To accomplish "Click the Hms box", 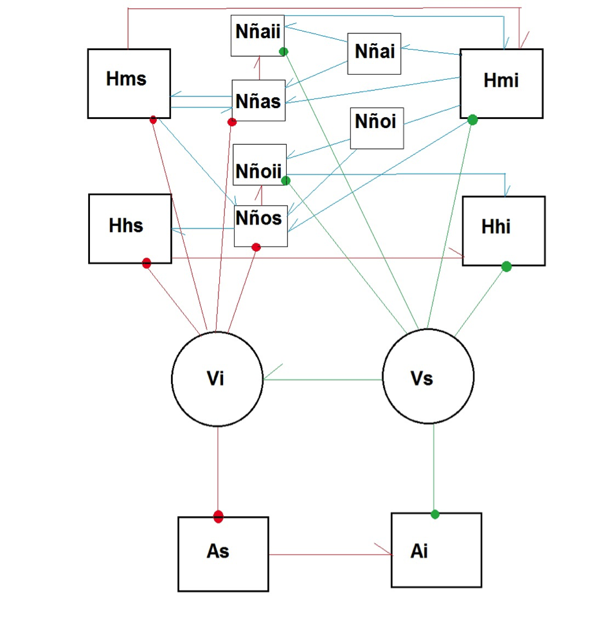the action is click(x=129, y=84).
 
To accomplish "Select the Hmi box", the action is click(x=501, y=84).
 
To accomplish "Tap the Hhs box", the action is click(x=130, y=229).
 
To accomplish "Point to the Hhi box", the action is click(x=504, y=231).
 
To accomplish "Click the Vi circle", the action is click(x=217, y=379).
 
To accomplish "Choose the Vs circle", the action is click(x=428, y=377).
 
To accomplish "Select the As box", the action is click(x=223, y=554).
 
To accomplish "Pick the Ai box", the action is click(x=436, y=550).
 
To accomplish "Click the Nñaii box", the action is click(x=258, y=35).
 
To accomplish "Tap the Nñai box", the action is click(x=374, y=53).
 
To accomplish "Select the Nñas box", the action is click(x=259, y=100).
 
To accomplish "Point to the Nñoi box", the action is click(x=377, y=128).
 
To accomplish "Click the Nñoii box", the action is click(x=260, y=165).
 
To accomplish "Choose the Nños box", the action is click(x=261, y=226).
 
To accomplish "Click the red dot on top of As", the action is click(x=218, y=517).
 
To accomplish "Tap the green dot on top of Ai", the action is click(x=435, y=514).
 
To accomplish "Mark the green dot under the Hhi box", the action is click(x=507, y=266).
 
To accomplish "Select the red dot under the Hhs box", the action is click(x=147, y=263).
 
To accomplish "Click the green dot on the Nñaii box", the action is click(x=283, y=51).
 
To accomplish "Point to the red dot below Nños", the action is click(x=256, y=247).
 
